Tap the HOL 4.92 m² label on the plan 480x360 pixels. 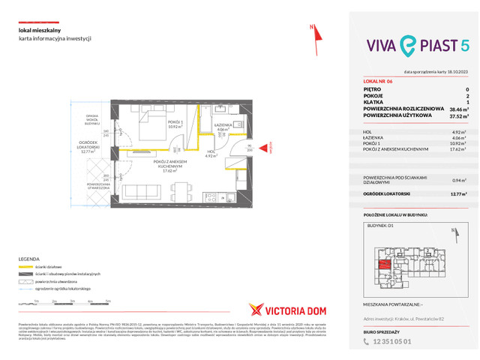pyautogui.click(x=211, y=154)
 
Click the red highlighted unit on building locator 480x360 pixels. pyautogui.click(x=382, y=263)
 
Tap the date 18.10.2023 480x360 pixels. pyautogui.click(x=456, y=72)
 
